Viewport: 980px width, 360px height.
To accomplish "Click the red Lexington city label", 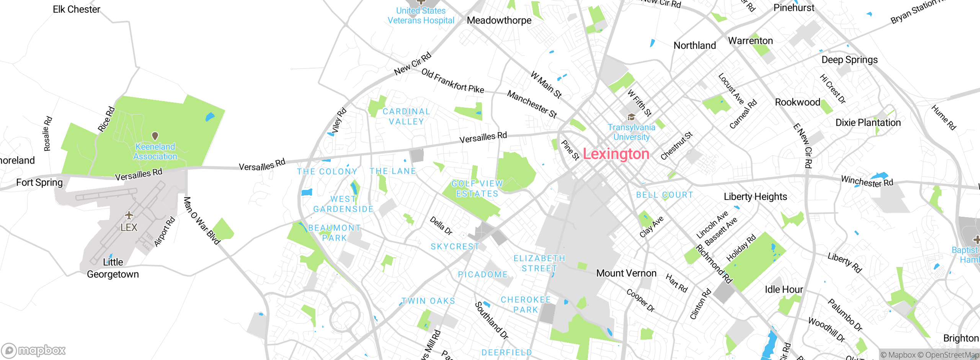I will coord(616,154).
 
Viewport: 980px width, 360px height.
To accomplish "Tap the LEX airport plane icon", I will coord(129,215).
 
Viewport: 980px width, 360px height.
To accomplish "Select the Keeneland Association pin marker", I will coord(155,136).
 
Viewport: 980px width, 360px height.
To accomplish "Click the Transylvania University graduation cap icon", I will coord(631,117).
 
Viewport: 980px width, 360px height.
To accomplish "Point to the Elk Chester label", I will coord(77,9).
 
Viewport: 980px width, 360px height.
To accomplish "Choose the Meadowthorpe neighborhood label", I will coord(499,20).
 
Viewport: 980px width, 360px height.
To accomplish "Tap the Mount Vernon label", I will coord(626,273).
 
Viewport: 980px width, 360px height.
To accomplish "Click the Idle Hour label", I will coord(784,289).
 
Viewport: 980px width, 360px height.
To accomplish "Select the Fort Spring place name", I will coord(39,182).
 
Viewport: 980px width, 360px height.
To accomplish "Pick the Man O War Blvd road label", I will coord(201,221).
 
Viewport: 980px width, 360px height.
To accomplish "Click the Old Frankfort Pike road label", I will coord(452,81).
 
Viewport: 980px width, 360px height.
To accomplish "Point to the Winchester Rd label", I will coord(867,181).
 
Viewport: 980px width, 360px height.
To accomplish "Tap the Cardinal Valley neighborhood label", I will coord(406,116).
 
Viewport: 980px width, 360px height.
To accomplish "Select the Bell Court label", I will coord(665,195).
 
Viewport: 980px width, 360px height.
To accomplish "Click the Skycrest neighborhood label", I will coord(455,247).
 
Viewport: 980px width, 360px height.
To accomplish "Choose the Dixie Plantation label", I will coord(868,123).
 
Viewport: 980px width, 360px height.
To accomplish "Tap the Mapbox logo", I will coord(34,350).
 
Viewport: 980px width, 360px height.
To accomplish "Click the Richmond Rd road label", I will coord(714,264).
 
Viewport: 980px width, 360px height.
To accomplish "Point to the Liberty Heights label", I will coord(755,196).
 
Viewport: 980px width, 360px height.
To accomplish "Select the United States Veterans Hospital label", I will coord(421,16).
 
